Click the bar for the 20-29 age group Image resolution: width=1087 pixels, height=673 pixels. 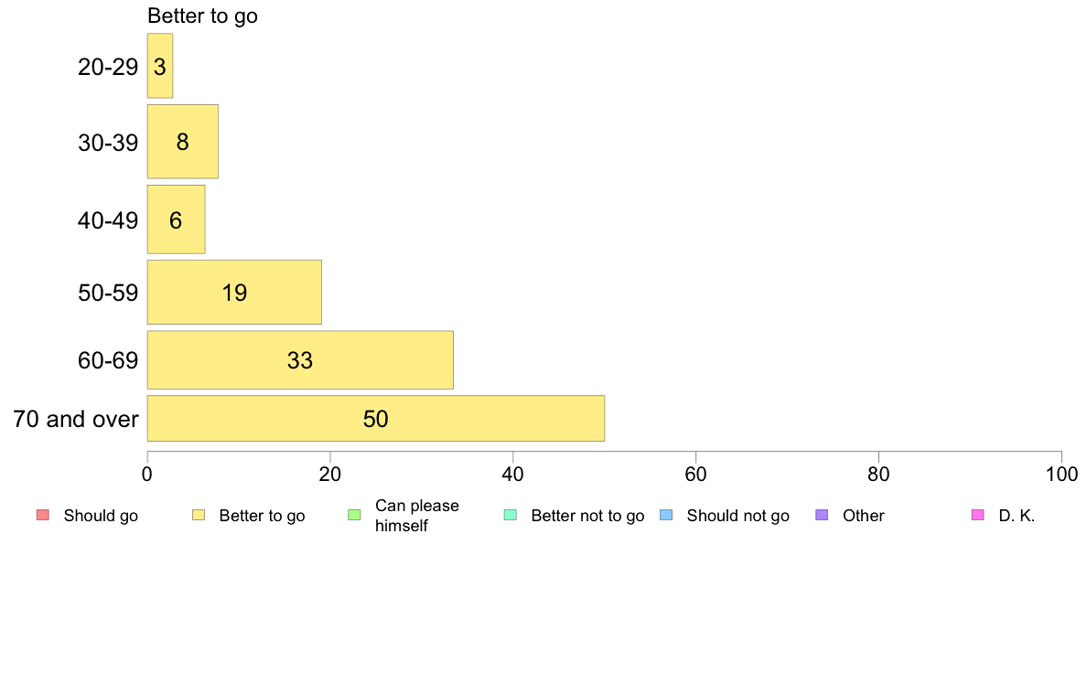coord(160,66)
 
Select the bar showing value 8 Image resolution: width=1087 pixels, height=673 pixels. coord(183,142)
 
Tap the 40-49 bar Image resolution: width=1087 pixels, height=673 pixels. coord(176,219)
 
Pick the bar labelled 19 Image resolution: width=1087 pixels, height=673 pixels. coord(234,292)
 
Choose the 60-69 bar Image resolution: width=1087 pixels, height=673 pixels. coord(300,359)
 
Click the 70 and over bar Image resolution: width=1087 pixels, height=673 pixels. coord(376,418)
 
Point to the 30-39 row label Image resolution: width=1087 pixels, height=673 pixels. coord(108,143)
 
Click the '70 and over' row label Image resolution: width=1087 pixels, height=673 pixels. coord(76,419)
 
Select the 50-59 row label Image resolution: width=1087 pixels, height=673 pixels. coord(108,293)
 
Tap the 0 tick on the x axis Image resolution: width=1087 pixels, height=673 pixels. coord(147,474)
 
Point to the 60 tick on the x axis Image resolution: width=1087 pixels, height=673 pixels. coord(695,474)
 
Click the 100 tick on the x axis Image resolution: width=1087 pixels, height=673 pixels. coord(1061,474)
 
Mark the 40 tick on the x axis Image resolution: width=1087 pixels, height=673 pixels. coord(513,474)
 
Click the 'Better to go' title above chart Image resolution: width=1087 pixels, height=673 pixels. coord(202,16)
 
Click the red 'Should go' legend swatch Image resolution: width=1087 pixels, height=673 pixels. coord(43,515)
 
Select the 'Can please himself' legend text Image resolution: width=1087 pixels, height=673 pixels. coord(416,516)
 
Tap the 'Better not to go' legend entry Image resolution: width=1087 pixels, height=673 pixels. coord(575,516)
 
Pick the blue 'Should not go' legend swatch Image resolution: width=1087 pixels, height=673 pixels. coord(666,515)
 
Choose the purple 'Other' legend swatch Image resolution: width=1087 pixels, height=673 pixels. coord(823,515)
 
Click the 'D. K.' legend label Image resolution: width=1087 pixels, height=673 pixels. coord(1017,516)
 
